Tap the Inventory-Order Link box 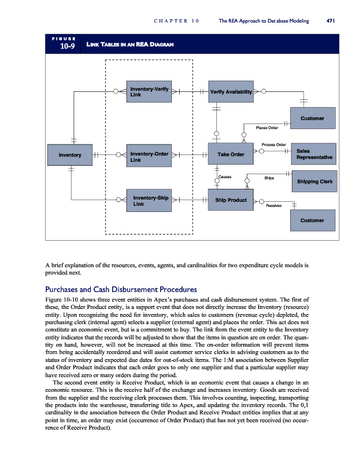click(149, 157)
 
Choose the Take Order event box click(231, 154)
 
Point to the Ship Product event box click(231, 200)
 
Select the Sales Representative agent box click(314, 154)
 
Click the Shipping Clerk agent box click(314, 181)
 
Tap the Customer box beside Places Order click(313, 118)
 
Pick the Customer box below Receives click(313, 220)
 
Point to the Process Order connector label click(274, 145)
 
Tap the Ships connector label click(269, 178)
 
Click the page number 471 click(331, 21)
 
